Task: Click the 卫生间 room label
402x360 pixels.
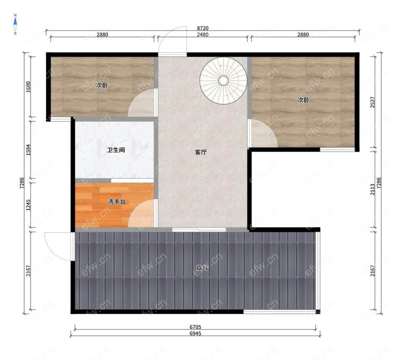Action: pos(116,150)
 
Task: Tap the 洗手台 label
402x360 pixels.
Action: pos(117,202)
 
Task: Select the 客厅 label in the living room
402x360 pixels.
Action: pos(201,152)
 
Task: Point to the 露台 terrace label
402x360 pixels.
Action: pos(202,268)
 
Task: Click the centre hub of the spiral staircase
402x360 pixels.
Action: pos(223,80)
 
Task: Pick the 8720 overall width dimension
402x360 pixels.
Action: pos(203,28)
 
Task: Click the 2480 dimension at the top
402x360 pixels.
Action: pos(203,34)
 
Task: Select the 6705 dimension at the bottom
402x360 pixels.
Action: pos(195,327)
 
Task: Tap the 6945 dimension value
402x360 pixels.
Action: pos(195,333)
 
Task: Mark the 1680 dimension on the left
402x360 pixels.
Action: pos(28,87)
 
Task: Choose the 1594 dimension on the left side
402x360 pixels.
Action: pos(28,150)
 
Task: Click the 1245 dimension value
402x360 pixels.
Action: pos(28,205)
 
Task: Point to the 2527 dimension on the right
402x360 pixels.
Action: pos(373,102)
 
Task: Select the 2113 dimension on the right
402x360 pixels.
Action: pos(373,190)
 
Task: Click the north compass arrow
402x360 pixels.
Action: pos(15,22)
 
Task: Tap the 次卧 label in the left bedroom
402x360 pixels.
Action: pos(102,85)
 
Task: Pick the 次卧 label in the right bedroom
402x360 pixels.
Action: pos(303,100)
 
